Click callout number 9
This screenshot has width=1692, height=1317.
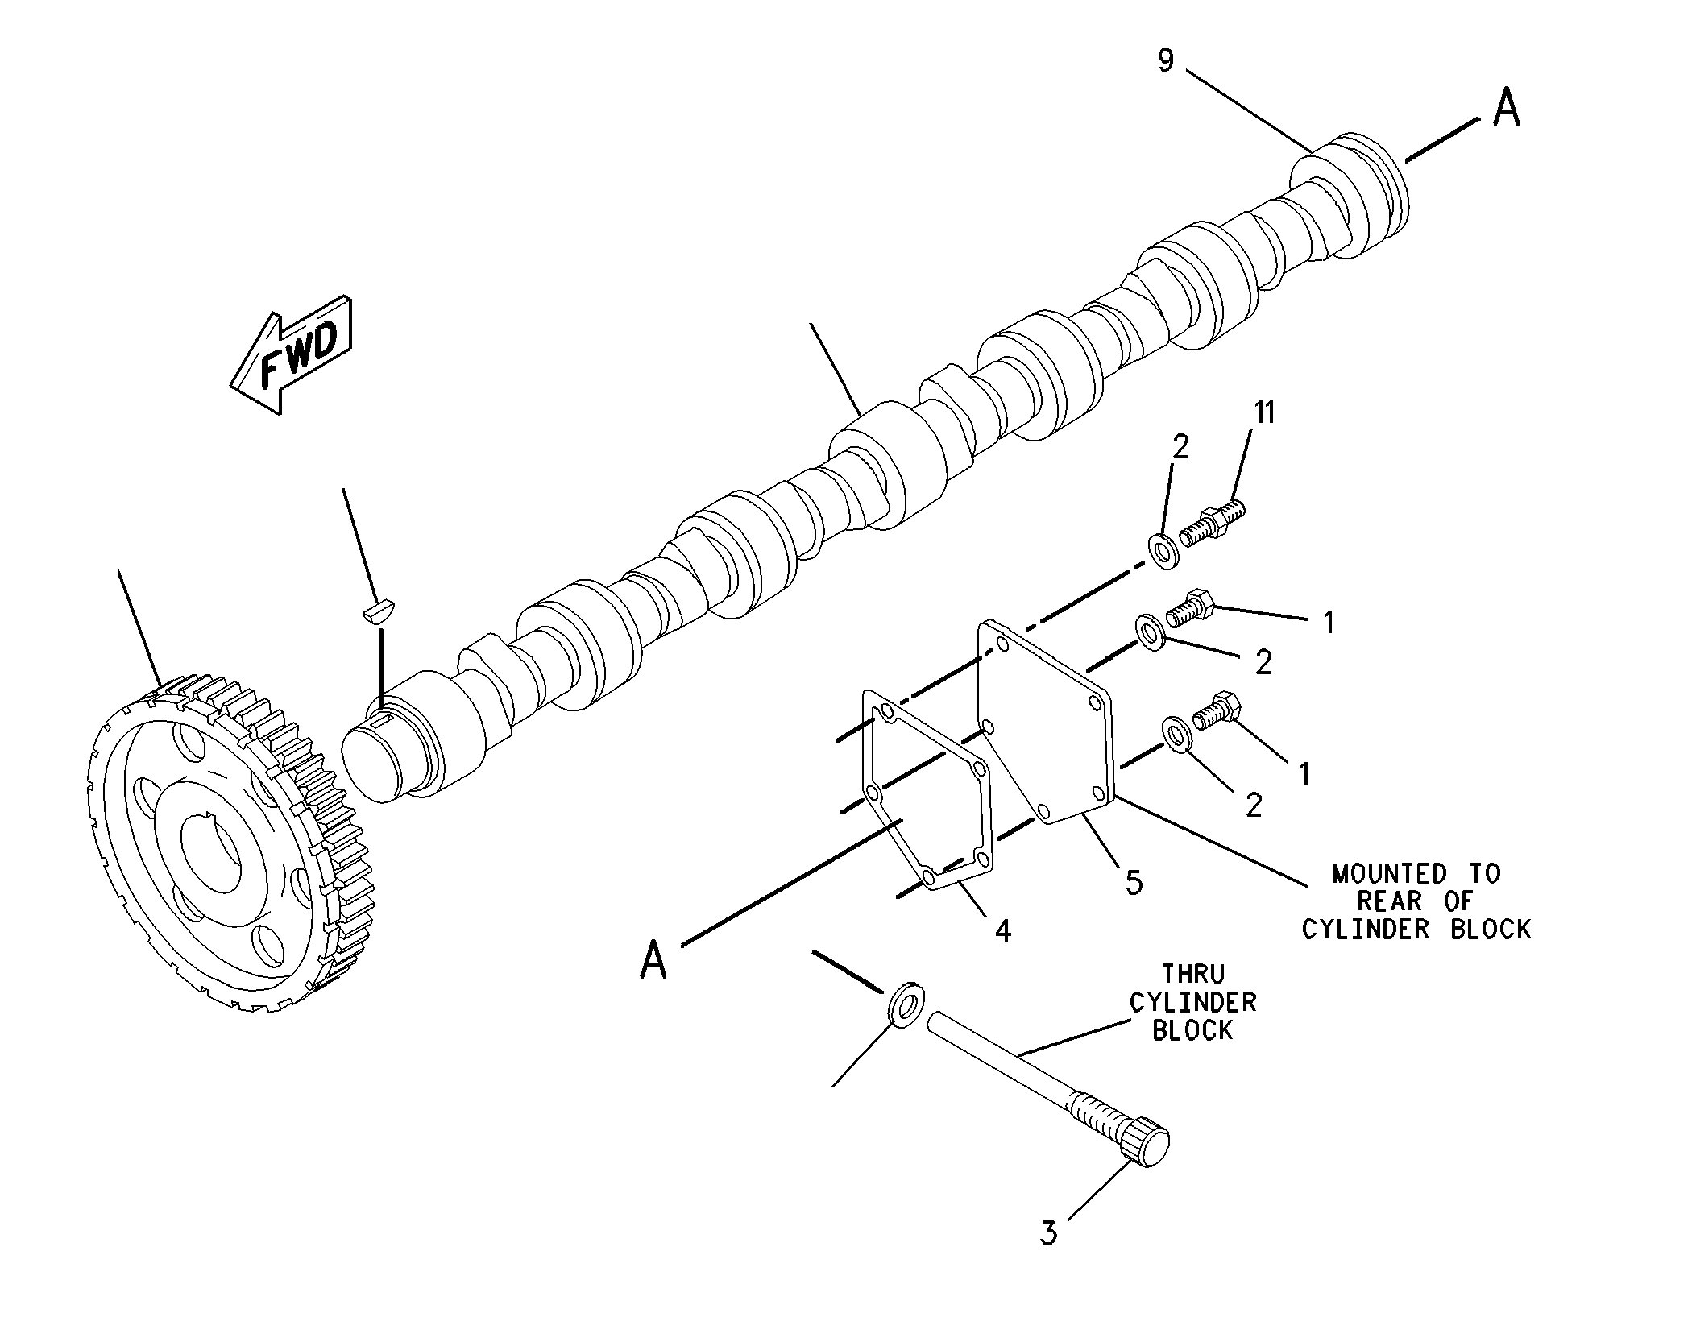coord(1167,60)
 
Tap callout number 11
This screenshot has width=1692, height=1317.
coord(1264,413)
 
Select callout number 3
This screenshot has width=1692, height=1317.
coord(1048,1233)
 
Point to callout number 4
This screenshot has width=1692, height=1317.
coord(1002,932)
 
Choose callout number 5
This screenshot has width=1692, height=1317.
coord(1134,884)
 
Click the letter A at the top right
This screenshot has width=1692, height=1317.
coord(1507,108)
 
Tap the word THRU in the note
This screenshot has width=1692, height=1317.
coord(1193,975)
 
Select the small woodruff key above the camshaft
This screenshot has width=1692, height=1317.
coord(376,610)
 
